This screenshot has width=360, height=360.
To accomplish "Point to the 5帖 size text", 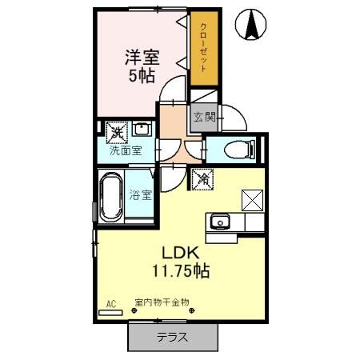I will point(142,78).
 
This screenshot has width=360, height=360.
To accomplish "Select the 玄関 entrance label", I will point(204,118).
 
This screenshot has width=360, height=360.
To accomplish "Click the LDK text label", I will point(182,252).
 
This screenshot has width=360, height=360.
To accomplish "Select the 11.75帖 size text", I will point(182,271).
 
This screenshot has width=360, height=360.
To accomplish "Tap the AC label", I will point(111,304).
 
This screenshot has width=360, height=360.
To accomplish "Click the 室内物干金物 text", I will point(161,303).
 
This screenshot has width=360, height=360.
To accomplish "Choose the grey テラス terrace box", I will point(172,337).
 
